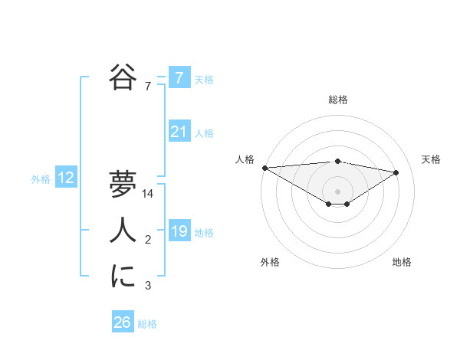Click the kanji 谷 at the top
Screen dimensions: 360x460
tap(122, 77)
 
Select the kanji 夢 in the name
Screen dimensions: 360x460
tap(122, 185)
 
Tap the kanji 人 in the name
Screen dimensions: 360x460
tap(122, 231)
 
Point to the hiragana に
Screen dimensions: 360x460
tap(122, 277)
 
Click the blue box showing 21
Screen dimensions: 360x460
tap(179, 133)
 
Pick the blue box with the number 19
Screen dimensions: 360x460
tap(179, 231)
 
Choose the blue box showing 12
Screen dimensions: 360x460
tap(66, 178)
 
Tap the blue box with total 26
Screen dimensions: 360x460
tap(122, 322)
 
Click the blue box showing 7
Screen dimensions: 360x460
tap(179, 78)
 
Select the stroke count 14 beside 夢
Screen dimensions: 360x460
tap(149, 195)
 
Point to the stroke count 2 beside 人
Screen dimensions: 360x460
tap(148, 241)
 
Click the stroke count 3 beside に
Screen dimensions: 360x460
tap(148, 286)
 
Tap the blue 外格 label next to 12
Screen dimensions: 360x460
tap(41, 179)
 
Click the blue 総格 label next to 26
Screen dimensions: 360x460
tap(147, 323)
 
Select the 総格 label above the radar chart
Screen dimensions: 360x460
tap(337, 100)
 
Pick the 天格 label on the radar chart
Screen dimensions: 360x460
tap(432, 159)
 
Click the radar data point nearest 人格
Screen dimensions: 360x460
tap(264, 167)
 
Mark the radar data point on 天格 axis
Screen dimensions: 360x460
tap(396, 172)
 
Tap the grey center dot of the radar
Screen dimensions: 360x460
tap(337, 190)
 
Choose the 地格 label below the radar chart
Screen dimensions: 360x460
tap(402, 262)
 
